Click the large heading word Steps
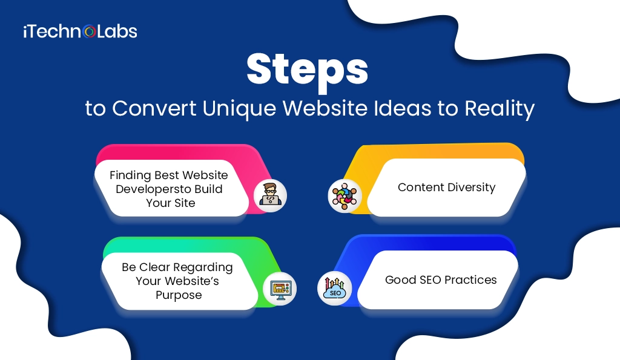[x=308, y=70]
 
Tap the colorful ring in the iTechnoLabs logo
[x=90, y=31]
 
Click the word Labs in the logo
[x=117, y=31]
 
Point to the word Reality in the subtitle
[x=499, y=109]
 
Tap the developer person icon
[x=269, y=195]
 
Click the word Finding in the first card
[x=130, y=175]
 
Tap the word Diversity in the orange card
[x=472, y=187]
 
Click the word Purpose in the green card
[x=178, y=295]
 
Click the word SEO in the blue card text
[x=426, y=280]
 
